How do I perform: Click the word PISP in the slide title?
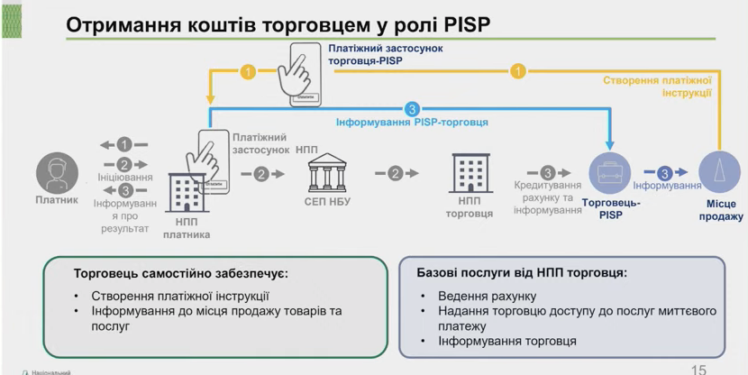pyautogui.click(x=463, y=24)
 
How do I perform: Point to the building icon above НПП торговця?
pyautogui.click(x=470, y=172)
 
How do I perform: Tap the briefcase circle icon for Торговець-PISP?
pyautogui.click(x=610, y=173)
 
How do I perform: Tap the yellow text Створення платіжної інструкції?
pyautogui.click(x=658, y=87)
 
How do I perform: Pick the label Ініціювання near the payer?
pyautogui.click(x=123, y=177)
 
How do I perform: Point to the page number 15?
pyautogui.click(x=698, y=369)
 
